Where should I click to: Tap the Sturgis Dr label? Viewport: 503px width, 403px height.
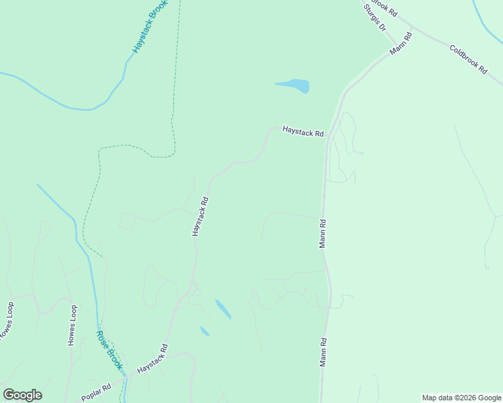375,19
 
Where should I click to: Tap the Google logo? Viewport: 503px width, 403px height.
22,395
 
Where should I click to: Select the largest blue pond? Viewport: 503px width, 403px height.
293,85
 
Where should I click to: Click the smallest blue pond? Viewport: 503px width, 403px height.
204,331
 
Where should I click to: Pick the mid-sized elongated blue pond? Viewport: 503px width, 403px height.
223,309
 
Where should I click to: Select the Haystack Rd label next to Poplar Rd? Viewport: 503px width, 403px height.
152,360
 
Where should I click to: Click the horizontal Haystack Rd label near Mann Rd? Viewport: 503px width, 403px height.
303,132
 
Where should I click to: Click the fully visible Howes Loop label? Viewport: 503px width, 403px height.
72,325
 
